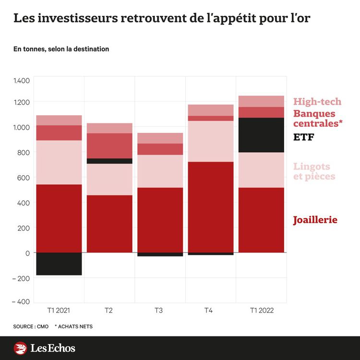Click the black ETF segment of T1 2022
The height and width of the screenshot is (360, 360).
[261, 135]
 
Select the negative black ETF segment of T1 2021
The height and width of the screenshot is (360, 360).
[59, 264]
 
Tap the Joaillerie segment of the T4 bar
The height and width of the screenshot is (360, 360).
[211, 207]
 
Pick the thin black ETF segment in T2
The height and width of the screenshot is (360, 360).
[109, 161]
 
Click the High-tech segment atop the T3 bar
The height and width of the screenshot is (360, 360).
[160, 138]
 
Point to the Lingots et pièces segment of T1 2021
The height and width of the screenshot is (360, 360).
[59, 162]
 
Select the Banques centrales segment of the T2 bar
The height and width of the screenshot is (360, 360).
[109, 145]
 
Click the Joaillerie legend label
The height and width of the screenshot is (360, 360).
[315, 220]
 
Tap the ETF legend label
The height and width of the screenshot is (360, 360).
[303, 137]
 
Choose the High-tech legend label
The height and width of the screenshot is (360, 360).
[317, 101]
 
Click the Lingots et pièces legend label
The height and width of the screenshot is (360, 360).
[314, 171]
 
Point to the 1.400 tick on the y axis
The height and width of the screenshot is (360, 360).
[21, 80]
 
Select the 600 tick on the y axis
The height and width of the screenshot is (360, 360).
[23, 178]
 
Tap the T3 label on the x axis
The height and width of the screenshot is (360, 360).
[158, 311]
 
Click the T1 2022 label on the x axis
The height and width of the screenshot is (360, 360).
[262, 311]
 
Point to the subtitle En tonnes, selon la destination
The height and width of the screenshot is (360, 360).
[61, 49]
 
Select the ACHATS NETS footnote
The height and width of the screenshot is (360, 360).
[74, 326]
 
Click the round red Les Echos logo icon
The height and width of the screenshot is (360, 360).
[21, 348]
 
